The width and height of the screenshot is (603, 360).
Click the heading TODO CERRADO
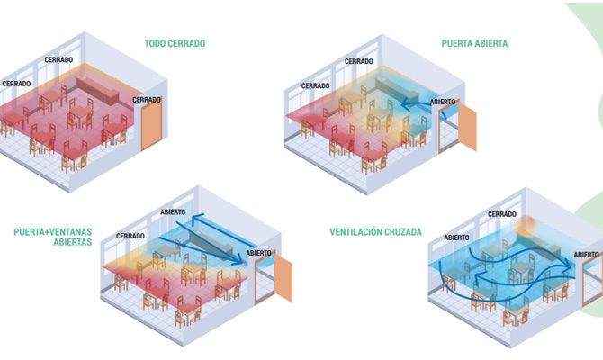pos(175,43)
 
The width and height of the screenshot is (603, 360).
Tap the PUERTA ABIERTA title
pos(474,43)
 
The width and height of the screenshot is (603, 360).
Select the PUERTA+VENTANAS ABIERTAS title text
pos(53,237)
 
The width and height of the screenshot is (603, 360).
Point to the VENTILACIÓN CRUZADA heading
pos(375,232)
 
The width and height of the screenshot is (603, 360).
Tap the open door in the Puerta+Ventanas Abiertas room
pos(283,278)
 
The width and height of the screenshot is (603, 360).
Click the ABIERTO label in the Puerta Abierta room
pos(443,102)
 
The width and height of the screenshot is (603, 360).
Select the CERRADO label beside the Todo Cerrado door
pos(147,100)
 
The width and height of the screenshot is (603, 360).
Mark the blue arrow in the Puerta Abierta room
pos(418,103)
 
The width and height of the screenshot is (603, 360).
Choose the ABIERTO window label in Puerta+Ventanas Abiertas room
pos(173,211)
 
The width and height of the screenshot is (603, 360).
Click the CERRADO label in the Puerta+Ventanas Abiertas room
pos(130,236)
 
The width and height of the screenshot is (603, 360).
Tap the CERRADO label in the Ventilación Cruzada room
pos(502,214)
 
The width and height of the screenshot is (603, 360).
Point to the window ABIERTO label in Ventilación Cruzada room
pos(457,238)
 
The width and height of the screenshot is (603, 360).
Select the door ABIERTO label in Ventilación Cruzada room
pos(587,255)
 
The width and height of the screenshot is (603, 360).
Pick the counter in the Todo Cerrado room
pos(96,90)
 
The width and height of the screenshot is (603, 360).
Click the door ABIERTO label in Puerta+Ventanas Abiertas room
pos(259,253)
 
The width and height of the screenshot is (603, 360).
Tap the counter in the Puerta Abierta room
pos(397,90)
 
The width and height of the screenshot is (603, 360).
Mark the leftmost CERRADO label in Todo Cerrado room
pos(16,84)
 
